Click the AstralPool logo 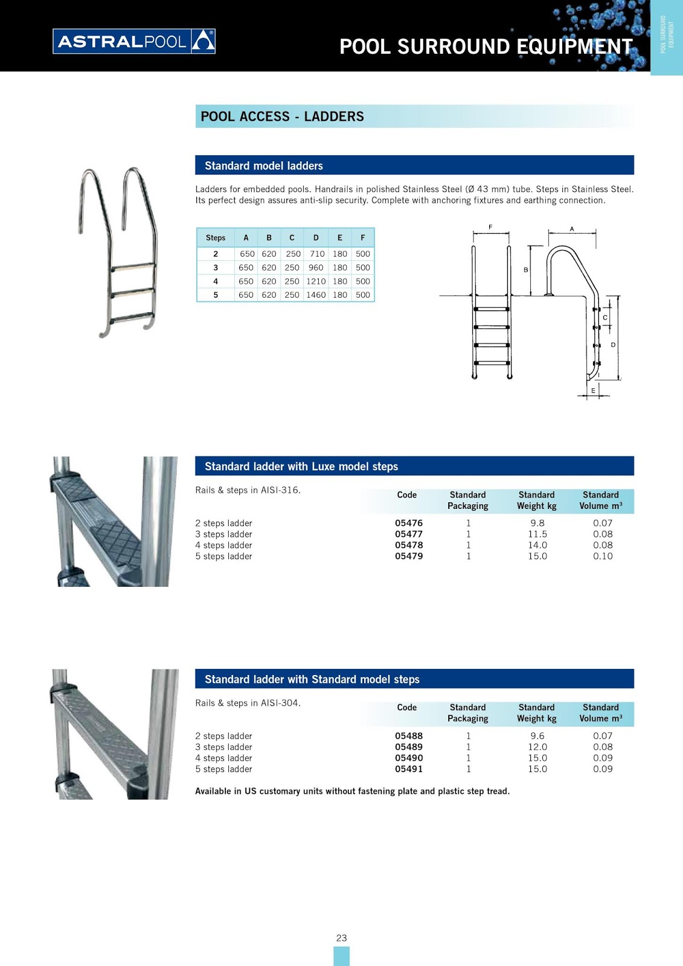point(134,42)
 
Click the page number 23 point(341,938)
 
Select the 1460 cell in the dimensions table point(316,295)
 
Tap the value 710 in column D point(317,254)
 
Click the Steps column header point(216,237)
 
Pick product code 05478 point(409,545)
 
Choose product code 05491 point(409,769)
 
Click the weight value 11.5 point(537,534)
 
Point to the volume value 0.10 point(603,556)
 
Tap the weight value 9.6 point(537,736)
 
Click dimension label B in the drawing point(526,270)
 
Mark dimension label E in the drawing point(593,391)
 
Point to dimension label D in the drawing point(613,345)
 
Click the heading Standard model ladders point(264,165)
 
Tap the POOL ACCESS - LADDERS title point(282,117)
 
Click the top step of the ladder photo point(133,266)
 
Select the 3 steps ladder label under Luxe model point(223,534)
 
